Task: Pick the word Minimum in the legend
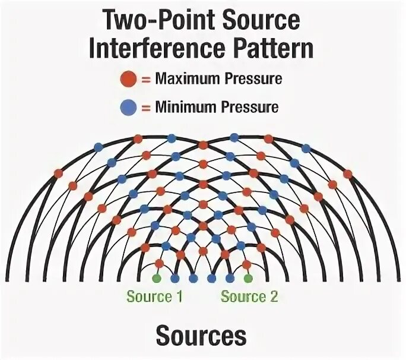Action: click(x=184, y=108)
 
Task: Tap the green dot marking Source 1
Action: click(x=157, y=277)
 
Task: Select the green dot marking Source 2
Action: click(x=249, y=277)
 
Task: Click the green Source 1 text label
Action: click(x=154, y=296)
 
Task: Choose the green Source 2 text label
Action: click(x=249, y=296)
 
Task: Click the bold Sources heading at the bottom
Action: click(x=201, y=336)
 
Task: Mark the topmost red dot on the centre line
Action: click(x=202, y=145)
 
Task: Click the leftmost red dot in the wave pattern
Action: click(x=58, y=173)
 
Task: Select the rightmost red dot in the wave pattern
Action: click(x=348, y=173)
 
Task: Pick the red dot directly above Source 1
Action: click(x=158, y=263)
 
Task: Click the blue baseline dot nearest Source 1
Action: click(x=175, y=277)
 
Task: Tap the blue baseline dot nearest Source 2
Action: click(x=230, y=277)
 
